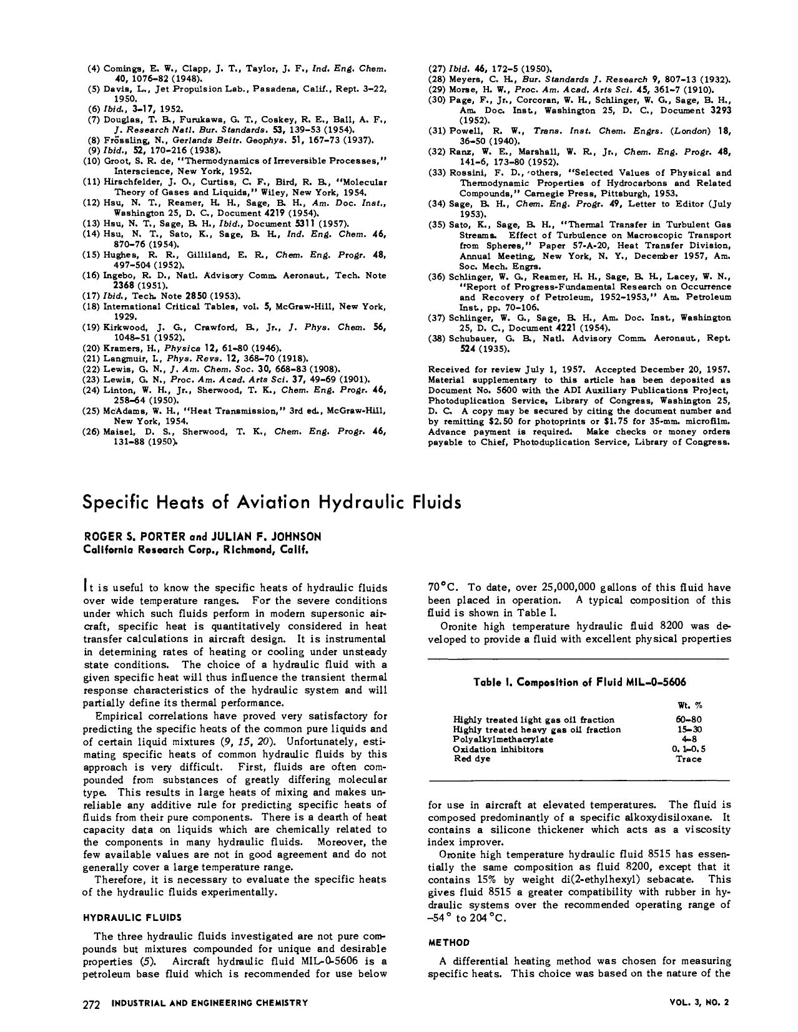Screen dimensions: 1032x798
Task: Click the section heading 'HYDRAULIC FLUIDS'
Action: tap(132, 917)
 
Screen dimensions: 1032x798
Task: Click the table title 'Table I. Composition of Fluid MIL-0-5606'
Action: tap(579, 682)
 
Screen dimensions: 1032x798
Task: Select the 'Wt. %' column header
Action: tap(689, 705)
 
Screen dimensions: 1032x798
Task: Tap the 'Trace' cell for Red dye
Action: tap(689, 759)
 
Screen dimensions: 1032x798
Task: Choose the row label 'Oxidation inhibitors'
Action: tap(498, 749)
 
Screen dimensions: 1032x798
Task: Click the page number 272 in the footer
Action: tap(92, 1004)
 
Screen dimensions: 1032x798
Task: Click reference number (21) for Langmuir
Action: tap(92, 359)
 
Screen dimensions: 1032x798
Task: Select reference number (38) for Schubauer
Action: tap(437, 338)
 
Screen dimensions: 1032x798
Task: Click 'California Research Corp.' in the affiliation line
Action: tap(150, 550)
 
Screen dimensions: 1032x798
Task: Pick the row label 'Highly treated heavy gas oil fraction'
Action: tap(536, 729)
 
